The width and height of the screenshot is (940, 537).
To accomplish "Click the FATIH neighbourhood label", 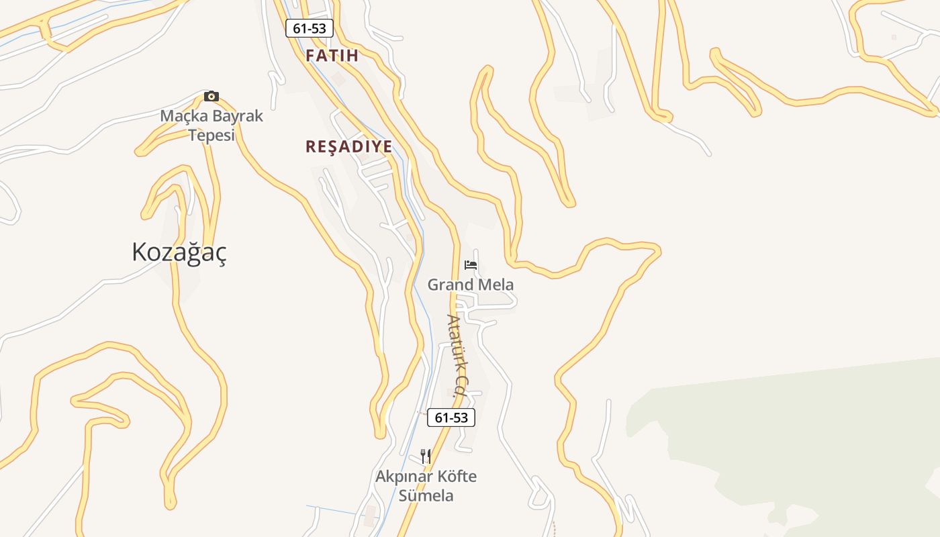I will click(332, 56).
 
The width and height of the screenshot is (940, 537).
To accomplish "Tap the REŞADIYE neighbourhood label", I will click(348, 147).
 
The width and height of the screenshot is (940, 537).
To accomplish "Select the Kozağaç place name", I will click(179, 252).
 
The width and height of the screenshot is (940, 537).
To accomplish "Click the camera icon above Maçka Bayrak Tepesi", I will click(211, 96).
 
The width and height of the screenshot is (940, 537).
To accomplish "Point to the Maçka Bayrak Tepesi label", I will click(211, 126).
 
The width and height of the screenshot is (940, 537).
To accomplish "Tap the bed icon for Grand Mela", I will click(471, 264).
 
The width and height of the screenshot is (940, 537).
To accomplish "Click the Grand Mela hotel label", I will click(471, 285).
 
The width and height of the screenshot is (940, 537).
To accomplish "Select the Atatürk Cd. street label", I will click(457, 356).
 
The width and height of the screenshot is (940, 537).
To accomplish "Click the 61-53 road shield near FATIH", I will click(310, 28).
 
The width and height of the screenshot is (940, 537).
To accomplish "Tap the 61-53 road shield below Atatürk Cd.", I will click(451, 418).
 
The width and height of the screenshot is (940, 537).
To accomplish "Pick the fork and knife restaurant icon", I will click(425, 456).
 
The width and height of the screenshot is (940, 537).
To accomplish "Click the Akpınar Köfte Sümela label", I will click(426, 486).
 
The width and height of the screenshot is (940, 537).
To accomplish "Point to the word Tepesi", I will click(211, 135).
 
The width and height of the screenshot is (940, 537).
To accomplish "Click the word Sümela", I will click(426, 496).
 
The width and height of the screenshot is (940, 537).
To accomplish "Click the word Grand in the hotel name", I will click(450, 285).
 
